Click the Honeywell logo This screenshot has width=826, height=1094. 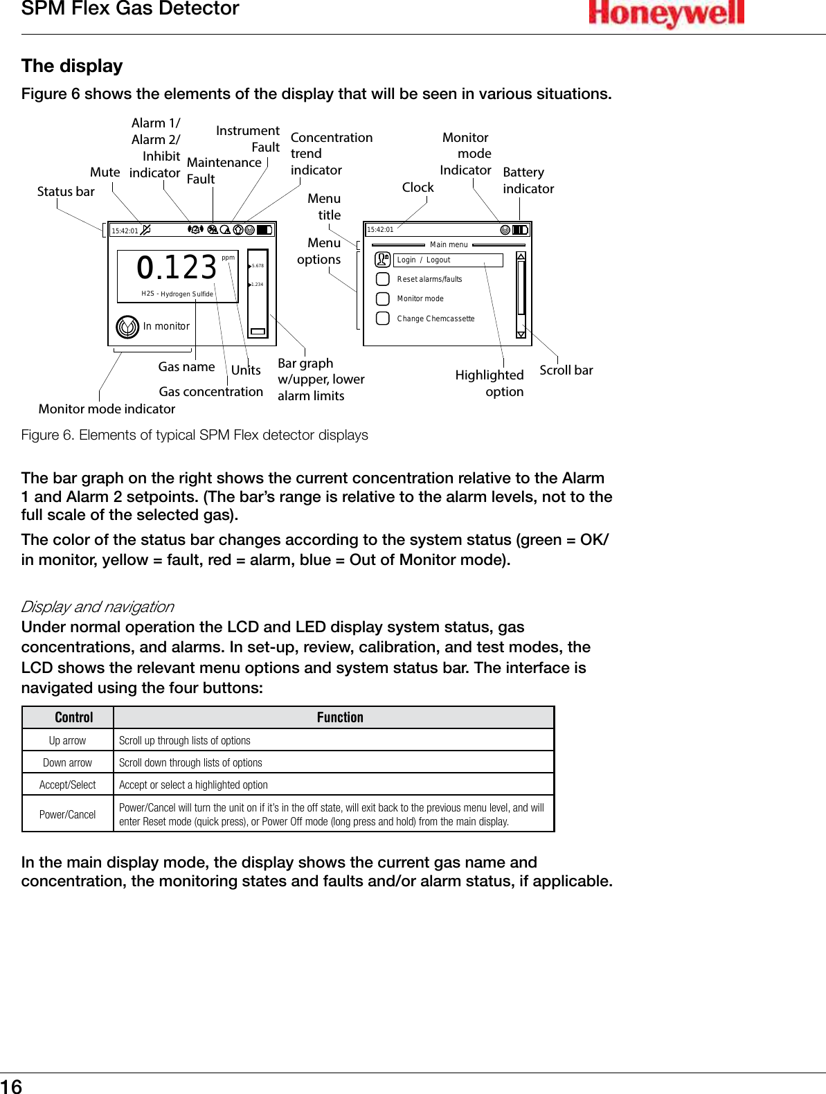pyautogui.click(x=666, y=13)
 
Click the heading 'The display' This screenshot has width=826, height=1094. pyautogui.click(x=72, y=66)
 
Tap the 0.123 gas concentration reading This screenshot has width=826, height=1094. pyautogui.click(x=177, y=268)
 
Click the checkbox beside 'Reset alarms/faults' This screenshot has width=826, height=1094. pyautogui.click(x=382, y=279)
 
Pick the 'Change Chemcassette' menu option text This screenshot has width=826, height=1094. pyautogui.click(x=436, y=319)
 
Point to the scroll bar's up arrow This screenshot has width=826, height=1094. pyautogui.click(x=521, y=256)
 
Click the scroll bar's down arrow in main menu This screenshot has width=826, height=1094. pyautogui.click(x=521, y=334)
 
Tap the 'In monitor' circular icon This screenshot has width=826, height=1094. pyautogui.click(x=127, y=326)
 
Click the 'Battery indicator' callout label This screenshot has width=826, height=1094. pyautogui.click(x=528, y=180)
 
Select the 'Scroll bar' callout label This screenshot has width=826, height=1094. pyautogui.click(x=566, y=370)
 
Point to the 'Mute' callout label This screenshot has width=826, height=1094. pyautogui.click(x=105, y=172)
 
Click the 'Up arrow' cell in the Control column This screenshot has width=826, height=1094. pyautogui.click(x=67, y=740)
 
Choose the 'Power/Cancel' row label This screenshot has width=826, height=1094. pyautogui.click(x=67, y=814)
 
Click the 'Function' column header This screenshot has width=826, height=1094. pyautogui.click(x=339, y=717)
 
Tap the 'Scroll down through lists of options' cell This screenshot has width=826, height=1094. pyautogui.click(x=190, y=762)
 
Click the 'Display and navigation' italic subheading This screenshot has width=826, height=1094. pyautogui.click(x=98, y=607)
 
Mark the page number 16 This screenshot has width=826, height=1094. pyautogui.click(x=11, y=1086)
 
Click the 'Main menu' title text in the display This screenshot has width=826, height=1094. pyautogui.click(x=449, y=244)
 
